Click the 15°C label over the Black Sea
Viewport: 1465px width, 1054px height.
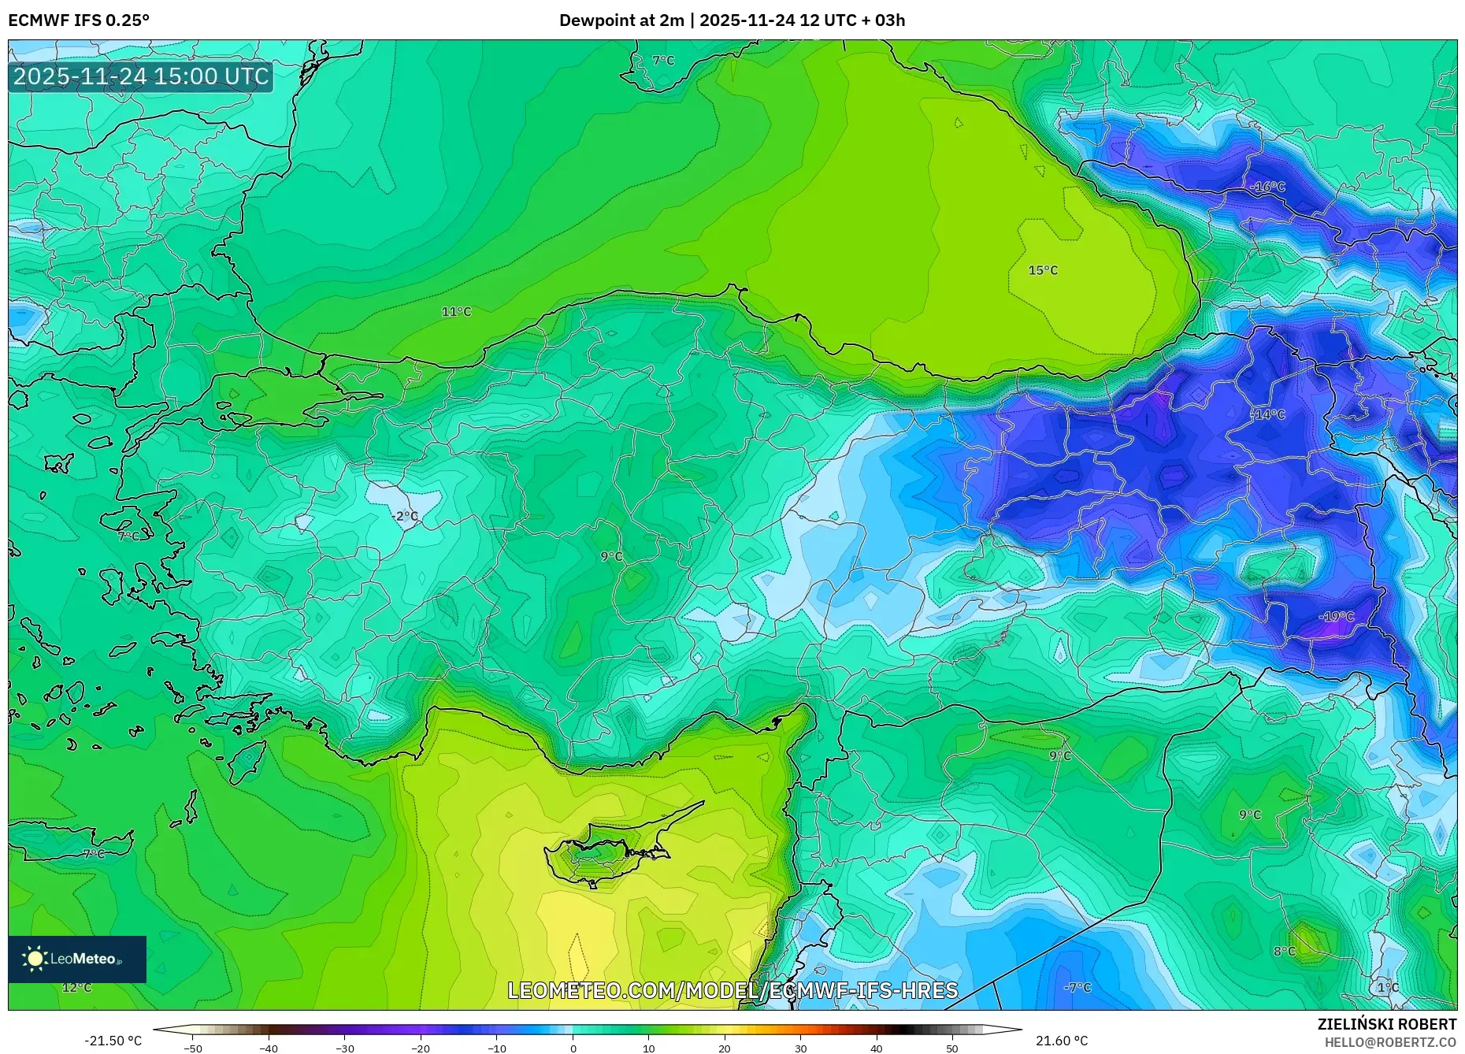coord(1043,270)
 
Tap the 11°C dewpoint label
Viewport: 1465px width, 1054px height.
coord(456,312)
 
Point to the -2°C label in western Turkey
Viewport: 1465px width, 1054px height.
coord(405,516)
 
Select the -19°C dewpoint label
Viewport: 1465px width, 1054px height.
coord(1337,617)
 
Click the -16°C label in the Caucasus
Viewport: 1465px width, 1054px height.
coord(1267,187)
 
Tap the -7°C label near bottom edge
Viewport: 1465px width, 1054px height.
coord(1077,988)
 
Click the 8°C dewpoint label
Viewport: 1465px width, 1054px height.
coord(1285,952)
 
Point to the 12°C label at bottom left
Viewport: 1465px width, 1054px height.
coord(76,988)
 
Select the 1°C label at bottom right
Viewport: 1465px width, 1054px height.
coord(1388,988)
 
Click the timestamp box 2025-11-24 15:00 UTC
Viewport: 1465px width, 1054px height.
coord(141,76)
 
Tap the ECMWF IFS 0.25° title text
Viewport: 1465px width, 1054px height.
coord(79,20)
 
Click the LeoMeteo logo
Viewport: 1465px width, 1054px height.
coord(77,959)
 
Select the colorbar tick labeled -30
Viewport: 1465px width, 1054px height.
coord(345,1048)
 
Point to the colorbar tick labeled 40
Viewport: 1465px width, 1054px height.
coord(877,1048)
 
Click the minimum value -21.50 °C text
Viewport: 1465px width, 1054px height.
coord(113,1041)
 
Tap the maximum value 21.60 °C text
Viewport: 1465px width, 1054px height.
coord(1062,1041)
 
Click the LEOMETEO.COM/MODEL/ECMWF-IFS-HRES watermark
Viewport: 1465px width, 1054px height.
coord(732,990)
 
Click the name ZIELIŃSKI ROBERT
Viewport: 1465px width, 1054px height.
coord(1386,1024)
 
